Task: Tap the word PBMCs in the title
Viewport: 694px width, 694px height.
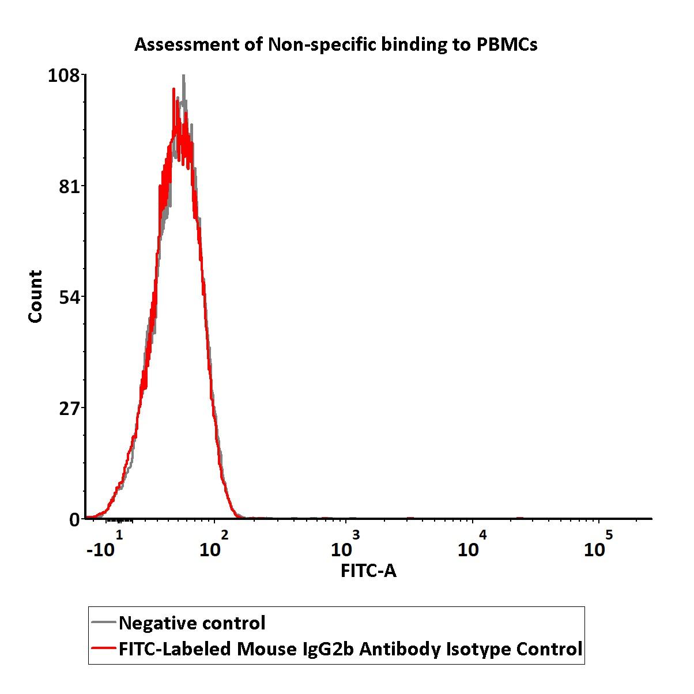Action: [507, 44]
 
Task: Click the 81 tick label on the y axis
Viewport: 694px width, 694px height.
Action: [69, 187]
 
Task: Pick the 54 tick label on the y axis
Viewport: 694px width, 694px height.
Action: [69, 297]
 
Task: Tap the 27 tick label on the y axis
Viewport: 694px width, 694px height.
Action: [69, 408]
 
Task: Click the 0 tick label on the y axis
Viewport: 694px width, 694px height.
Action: [75, 519]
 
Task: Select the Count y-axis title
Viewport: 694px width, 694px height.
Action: [36, 296]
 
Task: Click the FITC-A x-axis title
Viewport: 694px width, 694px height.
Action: [368, 571]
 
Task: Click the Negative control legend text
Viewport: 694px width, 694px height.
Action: [192, 623]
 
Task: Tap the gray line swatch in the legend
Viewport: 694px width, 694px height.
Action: [104, 623]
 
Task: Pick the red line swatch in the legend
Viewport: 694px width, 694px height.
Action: [104, 649]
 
